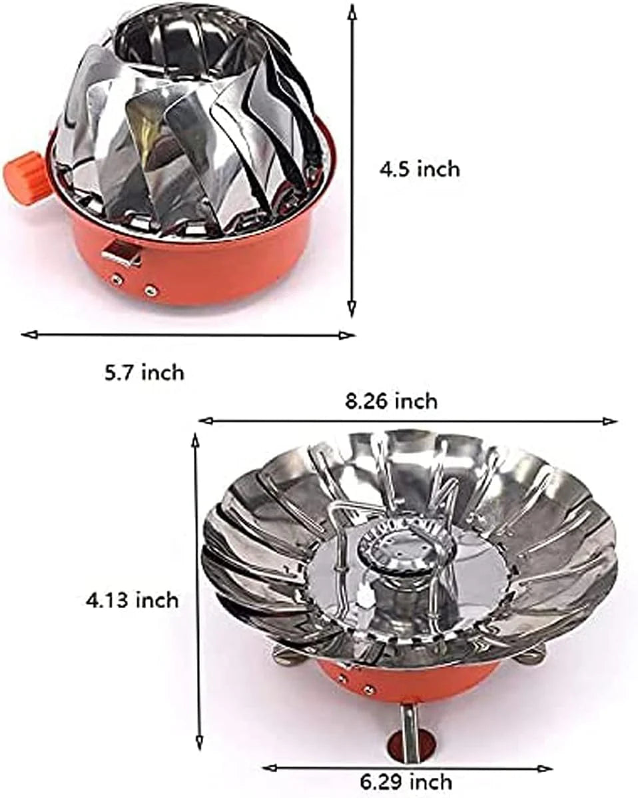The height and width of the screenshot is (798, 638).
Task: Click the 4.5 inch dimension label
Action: coord(420,169)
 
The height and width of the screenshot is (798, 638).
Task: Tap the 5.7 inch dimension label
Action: coord(145,372)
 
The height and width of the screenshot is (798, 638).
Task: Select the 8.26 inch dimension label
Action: coord(391,401)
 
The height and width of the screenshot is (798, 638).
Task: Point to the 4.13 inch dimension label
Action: coord(133,600)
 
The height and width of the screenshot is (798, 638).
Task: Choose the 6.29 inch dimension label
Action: coord(406,781)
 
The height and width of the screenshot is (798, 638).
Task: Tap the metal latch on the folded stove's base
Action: coord(122,252)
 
